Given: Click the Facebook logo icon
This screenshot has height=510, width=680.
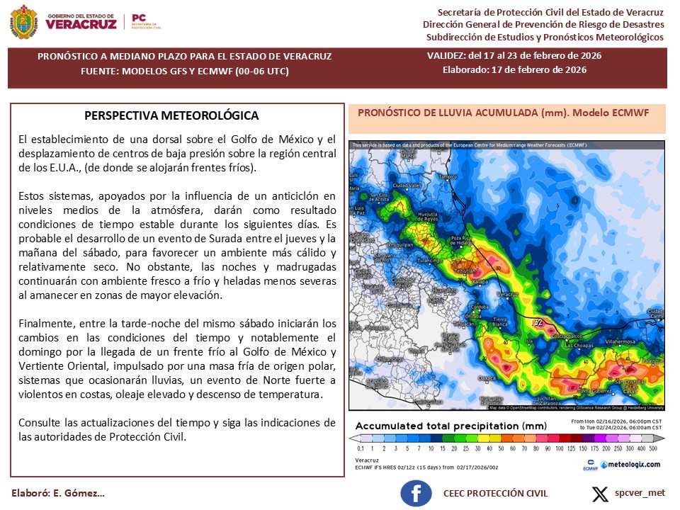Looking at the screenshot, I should (416, 494).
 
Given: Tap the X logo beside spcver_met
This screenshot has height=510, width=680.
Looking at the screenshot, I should (600, 493).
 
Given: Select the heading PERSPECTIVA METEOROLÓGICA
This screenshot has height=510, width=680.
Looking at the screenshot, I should (171, 115).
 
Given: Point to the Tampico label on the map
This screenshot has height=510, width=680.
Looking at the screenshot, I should (448, 176).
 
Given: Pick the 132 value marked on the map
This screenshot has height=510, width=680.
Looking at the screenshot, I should (538, 323).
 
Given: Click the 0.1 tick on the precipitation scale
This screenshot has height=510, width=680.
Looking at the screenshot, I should (361, 449).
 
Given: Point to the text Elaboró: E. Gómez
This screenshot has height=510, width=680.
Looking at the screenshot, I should (58, 493).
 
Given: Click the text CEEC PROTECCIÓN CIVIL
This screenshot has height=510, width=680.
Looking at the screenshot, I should (496, 493).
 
